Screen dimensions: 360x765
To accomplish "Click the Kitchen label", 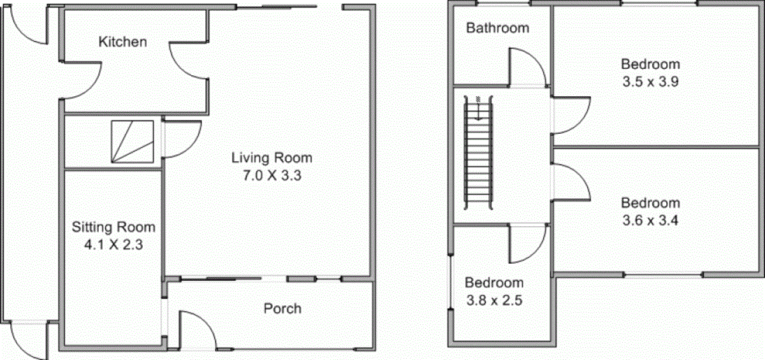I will pos(122,42).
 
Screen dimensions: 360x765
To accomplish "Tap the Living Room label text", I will pos(272,157).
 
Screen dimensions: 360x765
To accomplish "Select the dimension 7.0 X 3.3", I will pos(272,176).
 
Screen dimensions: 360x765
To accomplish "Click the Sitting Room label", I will pos(113,227).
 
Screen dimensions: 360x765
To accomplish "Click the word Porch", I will pos(282,309).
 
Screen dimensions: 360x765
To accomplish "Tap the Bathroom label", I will pos(497,28).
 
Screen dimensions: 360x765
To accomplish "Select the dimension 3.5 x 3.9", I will pos(650,82).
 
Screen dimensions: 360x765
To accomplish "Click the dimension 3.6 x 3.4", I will pos(650,221).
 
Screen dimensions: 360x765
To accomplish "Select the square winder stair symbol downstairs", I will pos(132,141).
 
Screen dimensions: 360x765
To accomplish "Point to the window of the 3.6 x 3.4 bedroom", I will pos(663,275).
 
